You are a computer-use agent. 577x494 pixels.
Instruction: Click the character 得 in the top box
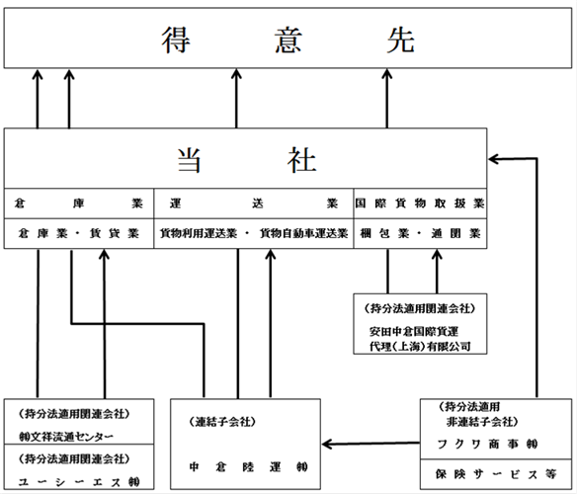pyautogui.click(x=176, y=40)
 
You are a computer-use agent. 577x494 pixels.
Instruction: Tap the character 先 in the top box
pyautogui.click(x=401, y=40)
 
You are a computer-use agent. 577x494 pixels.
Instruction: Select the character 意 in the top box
pyautogui.click(x=288, y=40)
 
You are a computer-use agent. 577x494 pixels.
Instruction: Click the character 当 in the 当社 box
pyautogui.click(x=189, y=160)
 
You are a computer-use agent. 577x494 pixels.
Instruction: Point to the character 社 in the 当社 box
pyautogui.click(x=301, y=160)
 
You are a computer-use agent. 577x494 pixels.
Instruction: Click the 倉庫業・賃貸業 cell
pyautogui.click(x=79, y=233)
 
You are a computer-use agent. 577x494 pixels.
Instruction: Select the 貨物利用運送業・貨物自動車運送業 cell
pyautogui.click(x=254, y=233)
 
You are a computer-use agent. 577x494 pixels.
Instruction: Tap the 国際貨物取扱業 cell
pyautogui.click(x=420, y=204)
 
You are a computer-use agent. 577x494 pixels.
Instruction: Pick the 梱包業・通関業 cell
pyautogui.click(x=420, y=233)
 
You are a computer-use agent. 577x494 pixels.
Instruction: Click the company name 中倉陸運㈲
pyautogui.click(x=249, y=467)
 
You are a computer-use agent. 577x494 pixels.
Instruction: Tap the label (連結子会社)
pyautogui.click(x=222, y=422)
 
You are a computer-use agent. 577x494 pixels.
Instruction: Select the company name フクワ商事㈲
pyautogui.click(x=487, y=445)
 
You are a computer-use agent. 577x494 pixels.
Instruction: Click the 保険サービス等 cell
pyautogui.click(x=496, y=474)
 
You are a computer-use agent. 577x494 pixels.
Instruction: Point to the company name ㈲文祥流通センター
pyautogui.click(x=66, y=437)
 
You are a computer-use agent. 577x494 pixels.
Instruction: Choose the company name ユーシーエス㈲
pyautogui.click(x=79, y=482)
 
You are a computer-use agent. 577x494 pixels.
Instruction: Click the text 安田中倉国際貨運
pyautogui.click(x=414, y=332)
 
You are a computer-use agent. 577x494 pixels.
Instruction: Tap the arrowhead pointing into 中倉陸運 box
pyautogui.click(x=327, y=445)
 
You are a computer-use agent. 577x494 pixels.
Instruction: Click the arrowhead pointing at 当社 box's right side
pyautogui.click(x=494, y=159)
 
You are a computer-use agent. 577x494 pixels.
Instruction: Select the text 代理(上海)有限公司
pyautogui.click(x=420, y=347)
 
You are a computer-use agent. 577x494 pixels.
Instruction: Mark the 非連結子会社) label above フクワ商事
pyautogui.click(x=482, y=422)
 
